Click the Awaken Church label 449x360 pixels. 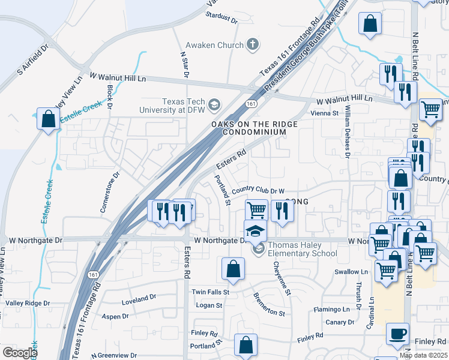(x=214, y=45)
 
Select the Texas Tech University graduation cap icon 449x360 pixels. (x=214, y=107)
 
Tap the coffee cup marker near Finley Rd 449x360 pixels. (x=397, y=334)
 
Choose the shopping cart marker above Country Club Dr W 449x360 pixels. (x=256, y=210)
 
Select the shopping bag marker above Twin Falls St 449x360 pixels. (x=233, y=269)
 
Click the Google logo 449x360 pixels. (x=20, y=353)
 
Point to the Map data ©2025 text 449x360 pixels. (x=423, y=355)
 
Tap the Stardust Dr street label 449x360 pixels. (x=221, y=19)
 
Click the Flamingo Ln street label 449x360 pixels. (x=331, y=310)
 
